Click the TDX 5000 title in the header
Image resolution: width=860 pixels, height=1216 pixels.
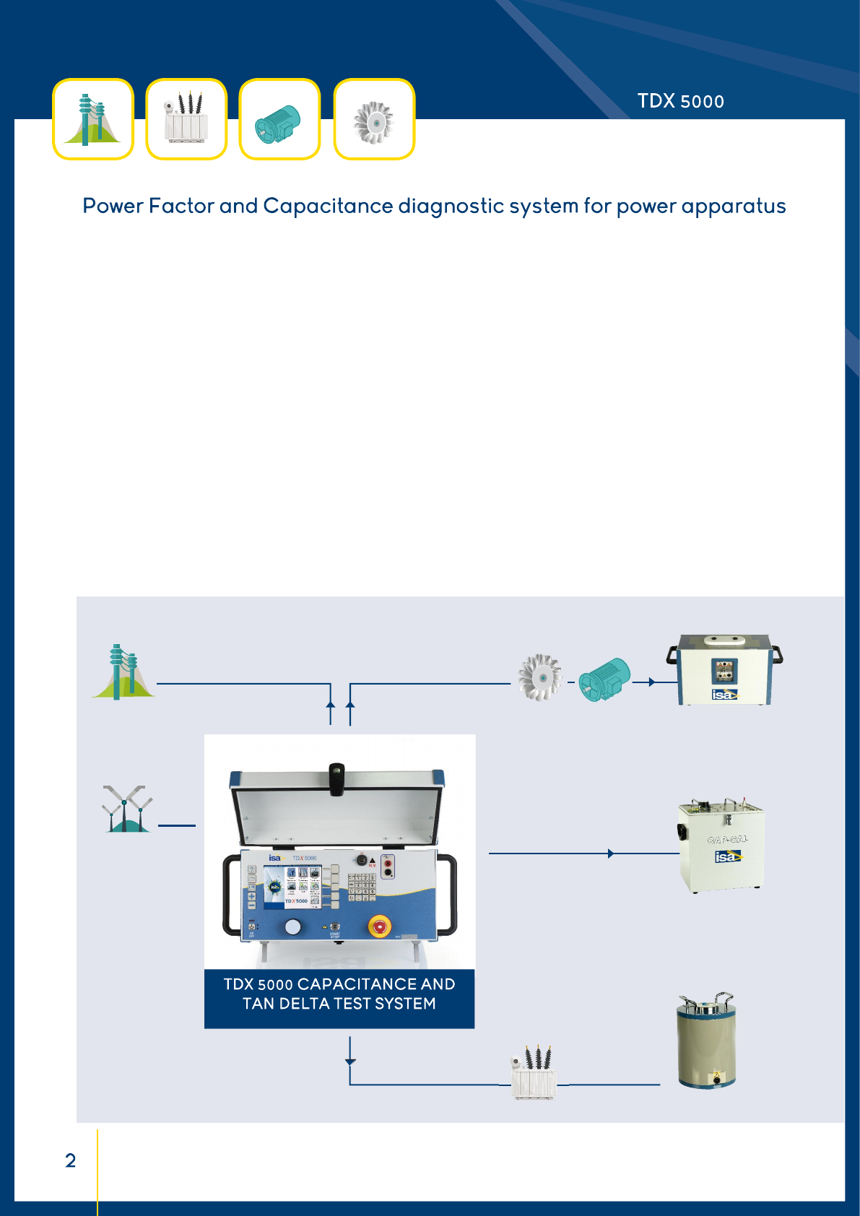click(680, 101)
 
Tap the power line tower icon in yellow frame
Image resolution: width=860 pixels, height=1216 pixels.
click(93, 119)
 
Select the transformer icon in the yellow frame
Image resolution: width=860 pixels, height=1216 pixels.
click(186, 119)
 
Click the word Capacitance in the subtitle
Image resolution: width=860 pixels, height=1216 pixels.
click(328, 207)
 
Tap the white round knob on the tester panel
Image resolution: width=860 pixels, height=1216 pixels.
click(292, 927)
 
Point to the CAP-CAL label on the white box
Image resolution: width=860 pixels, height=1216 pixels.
click(727, 839)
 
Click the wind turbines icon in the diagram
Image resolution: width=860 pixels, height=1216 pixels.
click(127, 809)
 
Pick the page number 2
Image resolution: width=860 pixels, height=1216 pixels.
click(71, 1160)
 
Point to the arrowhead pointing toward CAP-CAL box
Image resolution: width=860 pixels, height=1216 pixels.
click(611, 854)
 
